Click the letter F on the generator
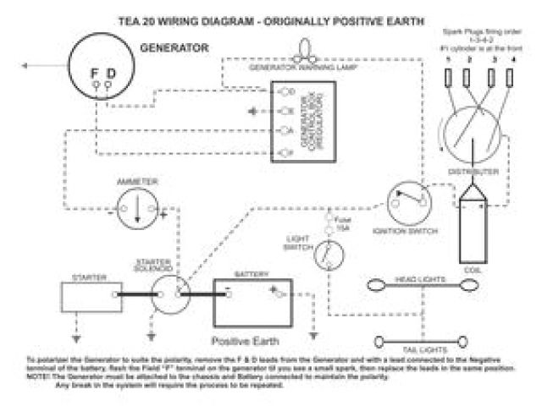point(95,74)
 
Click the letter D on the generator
point(111,74)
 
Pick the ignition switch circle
point(410,201)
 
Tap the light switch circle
point(326,255)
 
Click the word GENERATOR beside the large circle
point(174,48)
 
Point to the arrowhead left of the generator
point(28,64)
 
